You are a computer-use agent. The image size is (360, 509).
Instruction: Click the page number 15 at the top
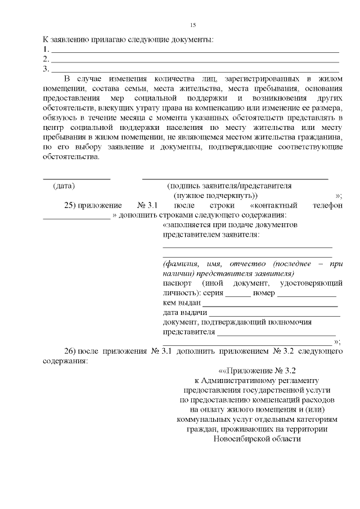coord(192,25)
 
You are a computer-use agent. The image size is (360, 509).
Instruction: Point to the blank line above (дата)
coord(76,178)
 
